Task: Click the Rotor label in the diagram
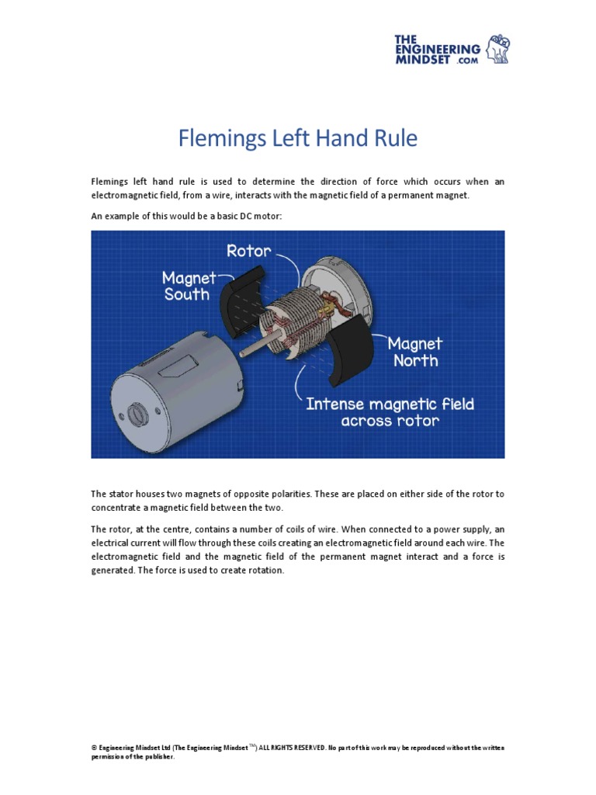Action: [248, 251]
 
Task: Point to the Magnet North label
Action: [414, 352]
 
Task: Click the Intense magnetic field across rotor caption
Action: [390, 412]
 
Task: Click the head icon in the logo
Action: [497, 48]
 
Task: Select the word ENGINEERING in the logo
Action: [437, 49]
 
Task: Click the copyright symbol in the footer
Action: [94, 748]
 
